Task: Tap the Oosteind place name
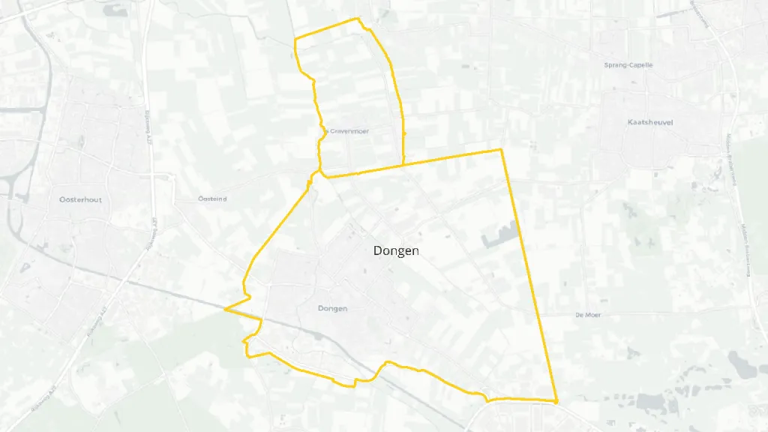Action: [x=211, y=199]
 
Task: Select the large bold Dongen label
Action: [x=396, y=251]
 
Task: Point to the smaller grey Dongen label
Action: [x=333, y=308]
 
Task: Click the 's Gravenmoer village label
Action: [x=347, y=130]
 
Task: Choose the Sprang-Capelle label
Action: [x=628, y=65]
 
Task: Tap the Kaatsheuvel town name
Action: [x=650, y=121]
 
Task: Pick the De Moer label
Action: [x=588, y=315]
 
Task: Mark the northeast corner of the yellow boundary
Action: [x=500, y=150]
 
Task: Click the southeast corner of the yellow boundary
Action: [x=556, y=401]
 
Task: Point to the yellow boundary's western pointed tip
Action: [x=225, y=307]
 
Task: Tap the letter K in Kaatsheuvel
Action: [x=631, y=121]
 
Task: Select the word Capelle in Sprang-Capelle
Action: [x=640, y=65]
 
